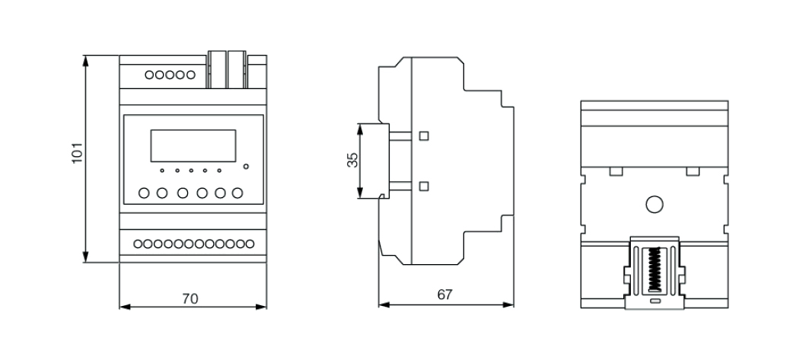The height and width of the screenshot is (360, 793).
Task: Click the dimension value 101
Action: [77, 153]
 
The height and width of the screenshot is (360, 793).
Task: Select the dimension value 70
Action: [190, 299]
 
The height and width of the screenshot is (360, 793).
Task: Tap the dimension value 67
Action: [444, 295]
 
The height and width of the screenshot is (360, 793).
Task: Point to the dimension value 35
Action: [352, 161]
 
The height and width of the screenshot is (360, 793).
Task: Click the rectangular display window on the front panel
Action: [193, 145]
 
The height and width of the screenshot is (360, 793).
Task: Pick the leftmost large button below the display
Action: [144, 193]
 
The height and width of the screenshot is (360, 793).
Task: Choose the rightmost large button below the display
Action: [237, 193]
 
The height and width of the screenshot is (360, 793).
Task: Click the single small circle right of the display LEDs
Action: [246, 167]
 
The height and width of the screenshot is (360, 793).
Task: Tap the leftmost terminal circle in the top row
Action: [149, 75]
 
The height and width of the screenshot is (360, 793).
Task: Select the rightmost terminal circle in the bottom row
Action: [250, 244]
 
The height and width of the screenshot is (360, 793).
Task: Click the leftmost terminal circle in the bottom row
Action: [138, 244]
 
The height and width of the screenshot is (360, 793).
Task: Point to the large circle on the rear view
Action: [654, 205]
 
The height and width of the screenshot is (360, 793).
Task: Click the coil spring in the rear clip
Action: [654, 269]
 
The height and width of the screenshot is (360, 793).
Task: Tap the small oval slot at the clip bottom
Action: [654, 301]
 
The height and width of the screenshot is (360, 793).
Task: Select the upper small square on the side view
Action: [425, 135]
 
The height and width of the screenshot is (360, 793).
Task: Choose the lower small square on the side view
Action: [425, 186]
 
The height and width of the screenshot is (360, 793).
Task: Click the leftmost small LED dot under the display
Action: [162, 170]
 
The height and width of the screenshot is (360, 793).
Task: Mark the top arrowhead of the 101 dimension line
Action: [85, 61]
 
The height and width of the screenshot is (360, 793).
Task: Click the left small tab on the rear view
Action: [616, 171]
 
